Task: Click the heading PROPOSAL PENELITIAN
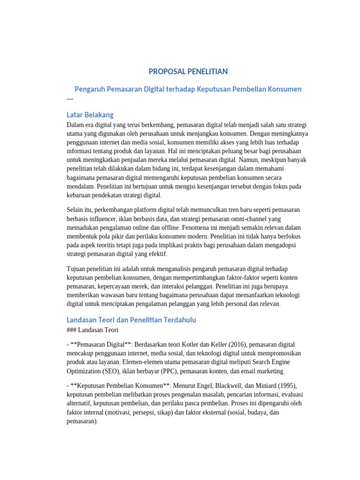tap(188, 71)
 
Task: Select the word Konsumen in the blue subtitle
tap(284, 89)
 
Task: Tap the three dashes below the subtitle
tap(70, 98)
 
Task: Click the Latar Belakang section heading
tap(90, 115)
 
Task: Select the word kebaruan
tap(80, 195)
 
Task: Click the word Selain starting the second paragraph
tap(76, 210)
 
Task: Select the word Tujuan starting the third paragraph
tap(77, 269)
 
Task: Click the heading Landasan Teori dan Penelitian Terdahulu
tap(131, 320)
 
